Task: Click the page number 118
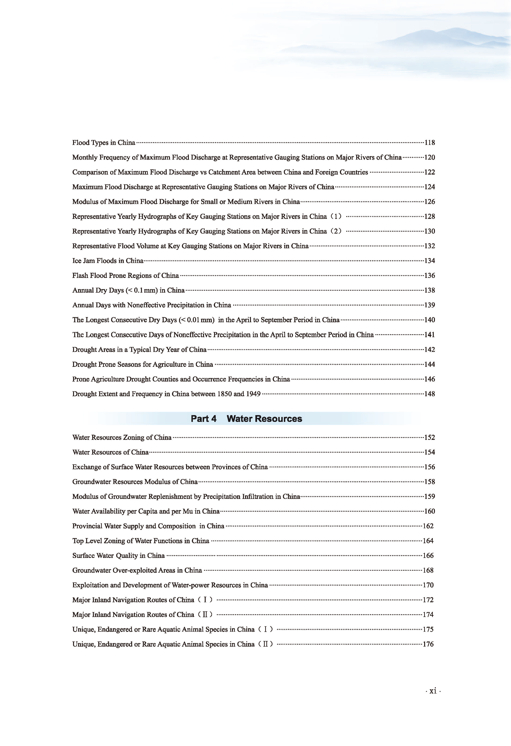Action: coord(430,143)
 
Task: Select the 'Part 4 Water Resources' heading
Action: coord(246,419)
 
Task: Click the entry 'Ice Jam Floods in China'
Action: coord(108,261)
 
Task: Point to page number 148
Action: coord(430,394)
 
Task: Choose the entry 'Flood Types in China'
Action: coord(103,143)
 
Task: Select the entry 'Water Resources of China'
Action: coord(110,452)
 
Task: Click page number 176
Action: coord(428,644)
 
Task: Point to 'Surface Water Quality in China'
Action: coord(118,556)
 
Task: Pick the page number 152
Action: coord(430,438)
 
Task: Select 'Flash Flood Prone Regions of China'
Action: coord(125,275)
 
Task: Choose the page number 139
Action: coord(430,305)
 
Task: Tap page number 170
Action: coord(428,585)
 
